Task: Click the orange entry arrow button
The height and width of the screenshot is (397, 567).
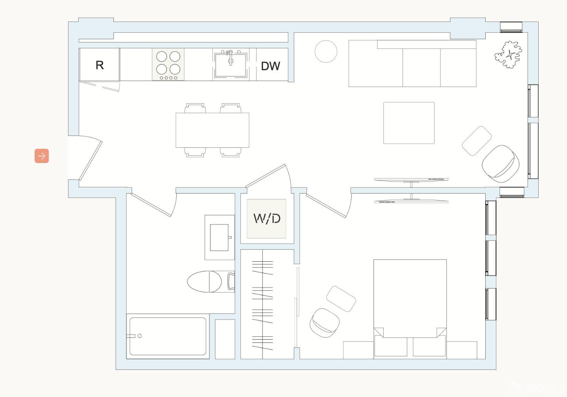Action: click(42, 156)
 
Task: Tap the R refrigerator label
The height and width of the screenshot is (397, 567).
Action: click(100, 65)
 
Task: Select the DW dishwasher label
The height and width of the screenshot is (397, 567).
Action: click(271, 66)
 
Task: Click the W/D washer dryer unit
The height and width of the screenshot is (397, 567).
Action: click(266, 219)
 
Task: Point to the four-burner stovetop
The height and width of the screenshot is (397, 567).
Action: click(168, 64)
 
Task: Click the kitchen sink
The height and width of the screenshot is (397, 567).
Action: click(230, 65)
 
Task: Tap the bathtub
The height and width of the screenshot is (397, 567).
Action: click(168, 336)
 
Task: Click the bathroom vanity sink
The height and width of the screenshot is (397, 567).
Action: click(220, 237)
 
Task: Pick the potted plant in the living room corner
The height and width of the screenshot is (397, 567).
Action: click(509, 54)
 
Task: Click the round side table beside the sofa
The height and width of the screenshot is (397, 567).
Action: click(326, 51)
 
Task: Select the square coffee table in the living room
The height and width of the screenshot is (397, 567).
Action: click(409, 123)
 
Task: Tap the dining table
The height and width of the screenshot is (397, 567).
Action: click(212, 130)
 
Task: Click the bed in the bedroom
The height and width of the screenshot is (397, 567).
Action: click(410, 302)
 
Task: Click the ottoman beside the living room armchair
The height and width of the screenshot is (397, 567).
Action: click(477, 141)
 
